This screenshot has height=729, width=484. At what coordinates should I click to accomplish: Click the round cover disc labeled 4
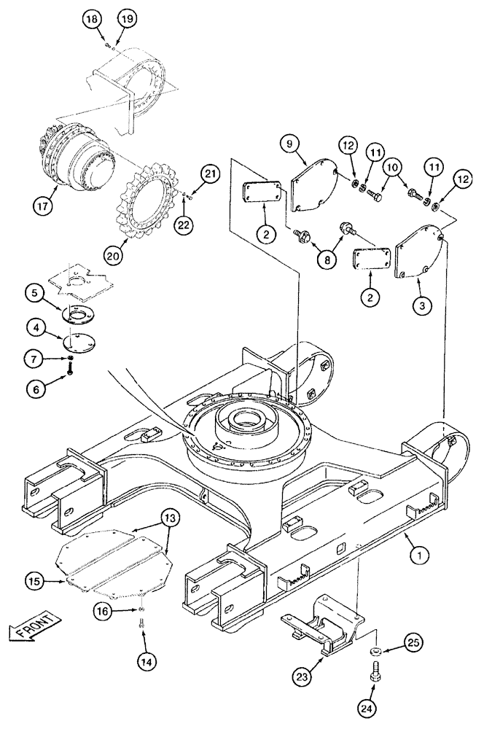(75, 338)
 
